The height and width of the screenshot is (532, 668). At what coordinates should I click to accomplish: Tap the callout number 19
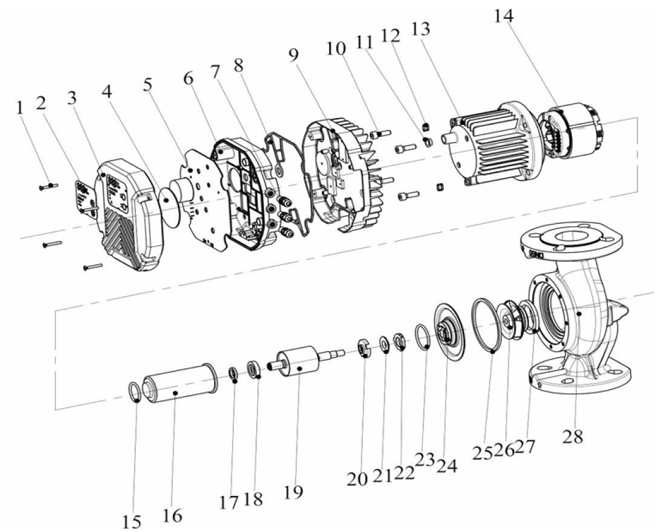294,491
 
